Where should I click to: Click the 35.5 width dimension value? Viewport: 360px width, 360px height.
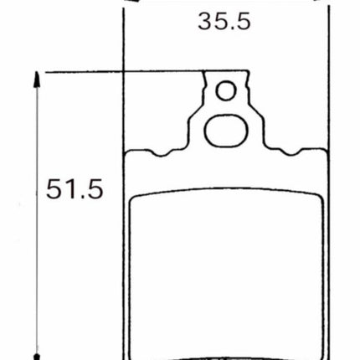point(224,21)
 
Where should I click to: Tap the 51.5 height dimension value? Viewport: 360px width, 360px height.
point(75,189)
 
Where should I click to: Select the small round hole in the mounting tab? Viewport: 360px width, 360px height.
point(226,90)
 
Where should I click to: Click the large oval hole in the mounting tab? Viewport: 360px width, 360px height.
point(226,131)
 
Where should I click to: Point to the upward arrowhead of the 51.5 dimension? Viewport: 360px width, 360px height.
point(37,80)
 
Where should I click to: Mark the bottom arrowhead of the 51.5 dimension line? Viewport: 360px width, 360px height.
point(37,357)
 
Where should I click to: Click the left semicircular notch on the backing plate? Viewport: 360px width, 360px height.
point(161,153)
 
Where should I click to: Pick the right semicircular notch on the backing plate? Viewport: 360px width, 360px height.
point(291,152)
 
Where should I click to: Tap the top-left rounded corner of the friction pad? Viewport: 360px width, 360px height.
point(134,199)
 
